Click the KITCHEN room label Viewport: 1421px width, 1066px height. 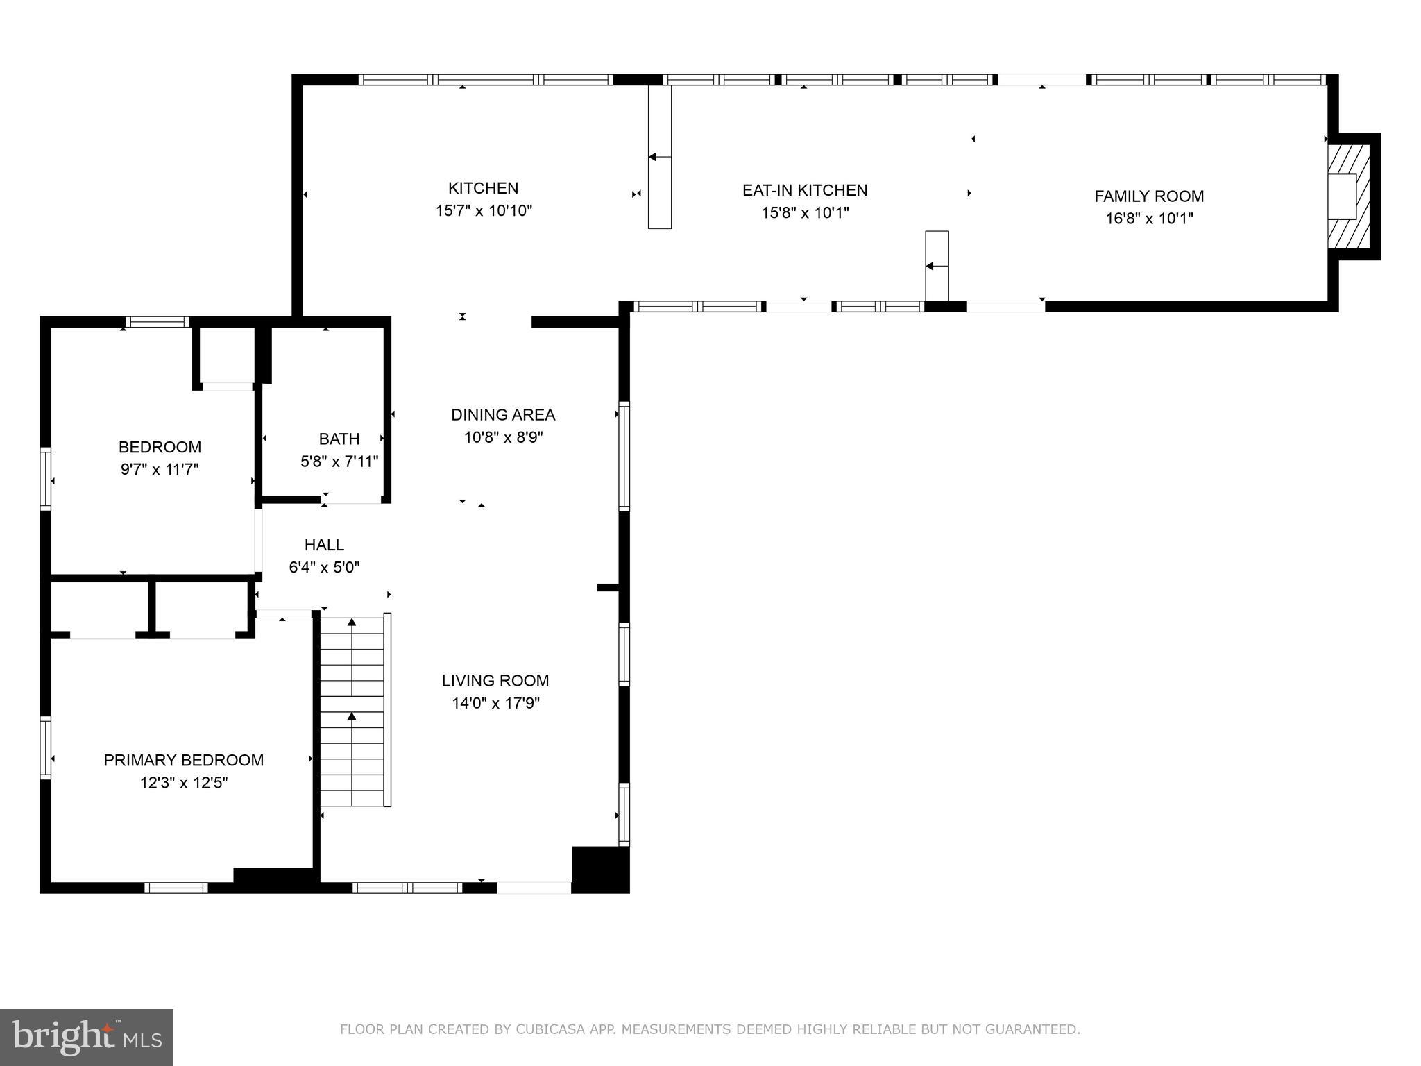483,188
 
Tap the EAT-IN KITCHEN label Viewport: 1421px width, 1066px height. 805,190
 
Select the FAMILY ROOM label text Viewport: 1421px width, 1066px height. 1149,196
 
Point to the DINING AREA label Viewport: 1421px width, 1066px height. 503,415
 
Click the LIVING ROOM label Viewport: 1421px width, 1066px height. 495,681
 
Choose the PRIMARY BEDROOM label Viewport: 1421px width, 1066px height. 184,761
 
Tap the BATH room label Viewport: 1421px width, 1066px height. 339,439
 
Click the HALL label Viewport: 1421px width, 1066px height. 324,545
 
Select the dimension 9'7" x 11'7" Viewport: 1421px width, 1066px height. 160,469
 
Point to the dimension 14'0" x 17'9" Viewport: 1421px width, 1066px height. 495,703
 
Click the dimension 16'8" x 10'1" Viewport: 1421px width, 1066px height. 1149,219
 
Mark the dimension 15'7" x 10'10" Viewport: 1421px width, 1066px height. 484,210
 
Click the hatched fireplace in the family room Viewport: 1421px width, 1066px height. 1349,196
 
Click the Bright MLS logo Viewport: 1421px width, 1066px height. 87,1038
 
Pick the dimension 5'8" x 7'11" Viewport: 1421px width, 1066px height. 339,462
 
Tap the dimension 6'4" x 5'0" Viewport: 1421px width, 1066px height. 324,568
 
